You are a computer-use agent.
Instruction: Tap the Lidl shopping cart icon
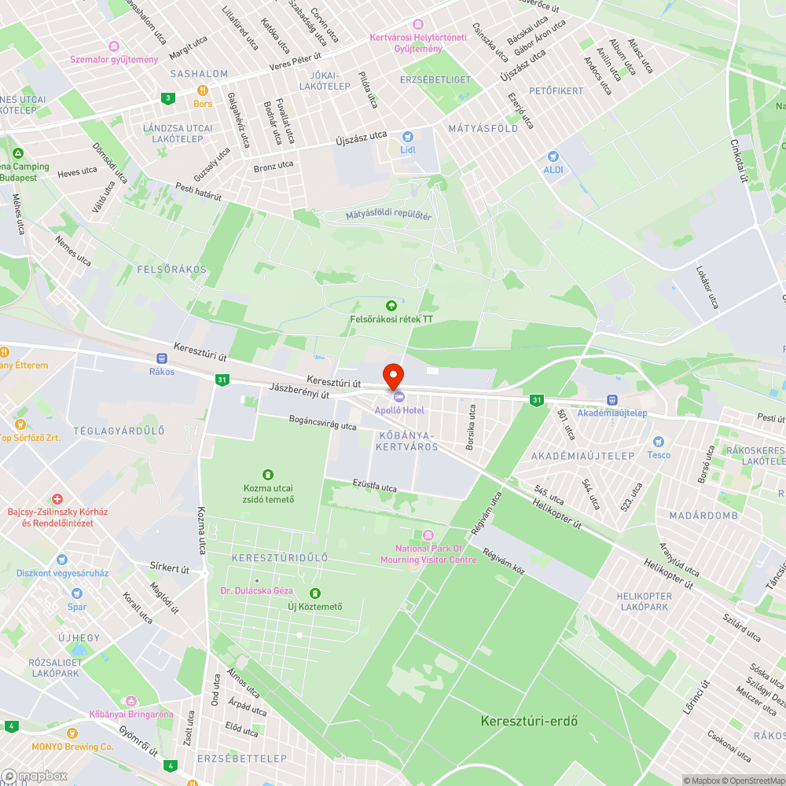[407, 137]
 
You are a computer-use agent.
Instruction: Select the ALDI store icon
[553, 156]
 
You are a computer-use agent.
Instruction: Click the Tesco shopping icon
[659, 442]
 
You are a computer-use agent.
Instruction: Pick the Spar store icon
[77, 593]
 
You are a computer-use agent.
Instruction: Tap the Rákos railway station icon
[162, 358]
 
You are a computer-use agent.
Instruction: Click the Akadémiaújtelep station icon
[612, 400]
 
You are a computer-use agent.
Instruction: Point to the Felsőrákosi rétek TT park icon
[391, 305]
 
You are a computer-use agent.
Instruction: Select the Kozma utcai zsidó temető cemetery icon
[268, 474]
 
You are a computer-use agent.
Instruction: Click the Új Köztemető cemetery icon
[315, 593]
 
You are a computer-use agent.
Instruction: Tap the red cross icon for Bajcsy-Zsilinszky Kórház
[57, 499]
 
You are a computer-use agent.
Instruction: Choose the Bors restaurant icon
[203, 90]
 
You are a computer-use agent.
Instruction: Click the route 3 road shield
[167, 98]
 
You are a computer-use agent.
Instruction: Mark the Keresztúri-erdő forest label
[529, 721]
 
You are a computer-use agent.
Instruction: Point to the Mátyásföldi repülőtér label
[388, 215]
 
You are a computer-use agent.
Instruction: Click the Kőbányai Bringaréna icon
[131, 700]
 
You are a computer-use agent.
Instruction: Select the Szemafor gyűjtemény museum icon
[114, 46]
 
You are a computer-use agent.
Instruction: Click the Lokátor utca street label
[707, 286]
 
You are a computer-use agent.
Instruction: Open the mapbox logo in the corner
[35, 775]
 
